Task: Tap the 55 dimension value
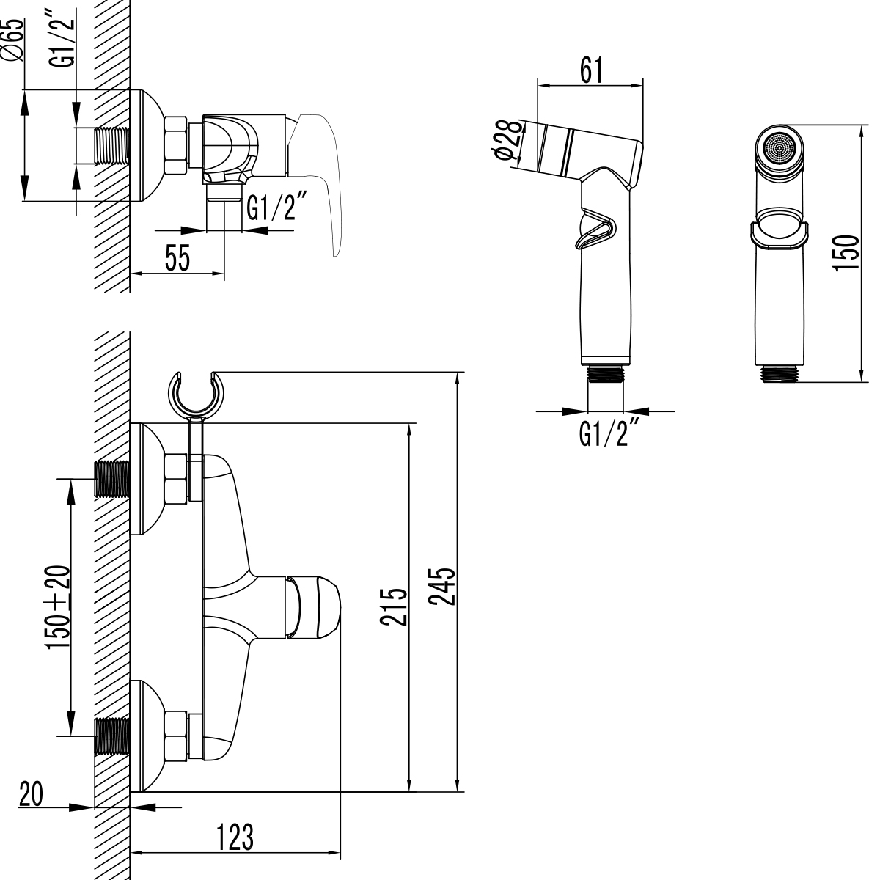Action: pos(177,259)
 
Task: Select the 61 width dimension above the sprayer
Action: pos(591,70)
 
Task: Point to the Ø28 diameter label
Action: pos(508,141)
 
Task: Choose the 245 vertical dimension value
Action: pos(442,587)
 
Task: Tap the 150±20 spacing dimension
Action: pos(58,607)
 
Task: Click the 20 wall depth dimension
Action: pos(30,795)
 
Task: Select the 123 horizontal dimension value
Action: pos(235,837)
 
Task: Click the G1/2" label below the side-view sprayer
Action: pos(605,433)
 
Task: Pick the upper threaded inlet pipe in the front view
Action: pos(112,480)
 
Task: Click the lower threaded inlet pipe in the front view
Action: pos(112,736)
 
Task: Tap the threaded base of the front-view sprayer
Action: pos(779,373)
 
